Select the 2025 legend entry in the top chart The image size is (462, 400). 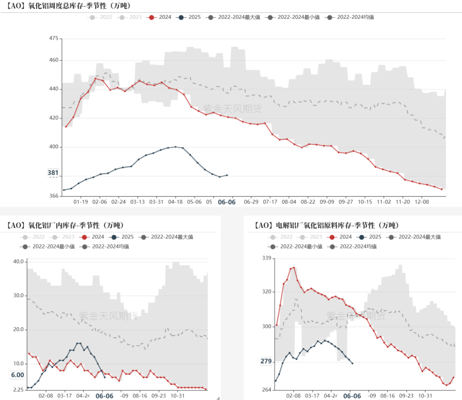click(x=189, y=17)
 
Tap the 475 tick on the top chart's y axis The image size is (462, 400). click(x=53, y=39)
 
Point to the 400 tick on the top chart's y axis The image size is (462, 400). click(x=53, y=147)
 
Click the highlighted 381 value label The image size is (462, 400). click(x=53, y=173)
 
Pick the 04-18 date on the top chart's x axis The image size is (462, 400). click(x=176, y=201)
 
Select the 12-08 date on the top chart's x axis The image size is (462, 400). click(x=422, y=201)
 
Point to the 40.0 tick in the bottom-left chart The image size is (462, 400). click(x=18, y=261)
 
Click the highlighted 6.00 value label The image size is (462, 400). click(x=18, y=375)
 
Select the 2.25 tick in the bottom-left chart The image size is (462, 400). click(x=18, y=390)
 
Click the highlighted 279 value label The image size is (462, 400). click(x=266, y=361)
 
